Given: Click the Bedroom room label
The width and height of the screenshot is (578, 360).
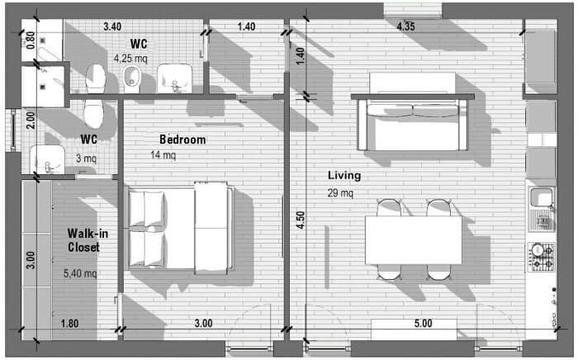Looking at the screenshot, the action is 182,140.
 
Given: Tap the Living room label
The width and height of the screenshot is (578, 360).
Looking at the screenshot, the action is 344,175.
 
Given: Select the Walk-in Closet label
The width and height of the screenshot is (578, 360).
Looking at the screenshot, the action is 87,240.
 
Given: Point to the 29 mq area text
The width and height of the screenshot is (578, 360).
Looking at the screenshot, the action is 340,192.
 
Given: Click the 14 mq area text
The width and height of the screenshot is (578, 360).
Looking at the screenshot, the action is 163,154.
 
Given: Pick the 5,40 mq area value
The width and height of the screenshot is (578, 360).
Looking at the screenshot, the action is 80,273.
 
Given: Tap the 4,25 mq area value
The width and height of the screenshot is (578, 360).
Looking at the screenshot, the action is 130,59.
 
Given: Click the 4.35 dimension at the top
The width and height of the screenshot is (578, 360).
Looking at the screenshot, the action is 405,26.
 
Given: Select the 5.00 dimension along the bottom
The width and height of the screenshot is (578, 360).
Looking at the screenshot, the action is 423,324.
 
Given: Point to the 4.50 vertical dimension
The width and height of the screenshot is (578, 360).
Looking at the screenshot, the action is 301,220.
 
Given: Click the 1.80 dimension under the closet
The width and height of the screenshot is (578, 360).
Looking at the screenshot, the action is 69,324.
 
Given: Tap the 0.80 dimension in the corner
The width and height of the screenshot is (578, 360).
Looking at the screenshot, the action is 31,40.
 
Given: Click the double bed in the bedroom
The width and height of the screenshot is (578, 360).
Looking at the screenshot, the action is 181,228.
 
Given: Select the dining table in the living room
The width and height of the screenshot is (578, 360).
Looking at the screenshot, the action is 413,240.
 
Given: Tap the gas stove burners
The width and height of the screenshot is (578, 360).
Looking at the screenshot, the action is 541,257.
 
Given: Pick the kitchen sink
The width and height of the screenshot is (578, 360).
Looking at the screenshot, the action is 541,198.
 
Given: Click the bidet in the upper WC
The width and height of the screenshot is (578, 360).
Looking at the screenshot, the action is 131,79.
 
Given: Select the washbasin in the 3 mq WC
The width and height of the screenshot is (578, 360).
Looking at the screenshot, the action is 47,159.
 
